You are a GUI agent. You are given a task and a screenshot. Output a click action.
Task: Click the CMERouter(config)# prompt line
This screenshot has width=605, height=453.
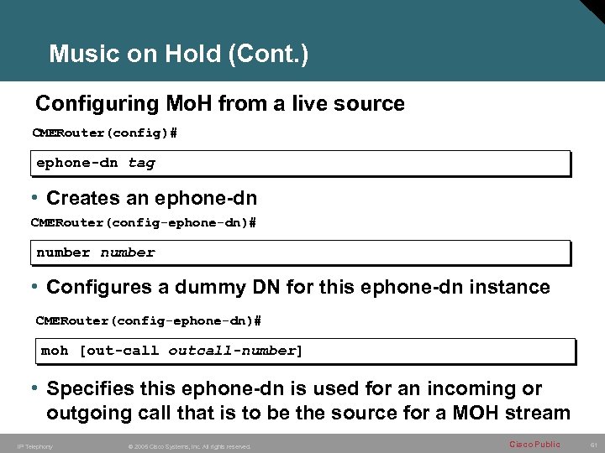point(105,133)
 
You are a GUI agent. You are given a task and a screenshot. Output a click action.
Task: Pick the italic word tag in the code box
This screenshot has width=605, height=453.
point(141,163)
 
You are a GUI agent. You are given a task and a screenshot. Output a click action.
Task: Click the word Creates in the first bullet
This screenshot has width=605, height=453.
point(82,198)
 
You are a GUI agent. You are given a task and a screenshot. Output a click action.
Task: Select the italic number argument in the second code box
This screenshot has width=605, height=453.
point(128,253)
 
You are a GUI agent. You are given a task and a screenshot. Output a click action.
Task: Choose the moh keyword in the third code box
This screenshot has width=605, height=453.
point(55,351)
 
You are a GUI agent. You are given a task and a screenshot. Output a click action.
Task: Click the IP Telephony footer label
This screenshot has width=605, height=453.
point(34,446)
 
